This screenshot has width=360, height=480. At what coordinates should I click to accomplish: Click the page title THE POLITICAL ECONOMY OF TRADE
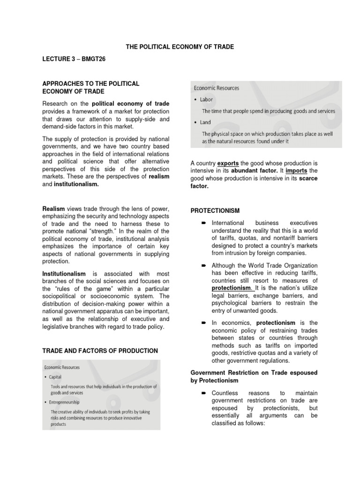point(180,47)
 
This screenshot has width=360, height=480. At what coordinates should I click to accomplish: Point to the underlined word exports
point(228,162)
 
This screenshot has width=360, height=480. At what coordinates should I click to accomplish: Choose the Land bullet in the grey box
point(205,122)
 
